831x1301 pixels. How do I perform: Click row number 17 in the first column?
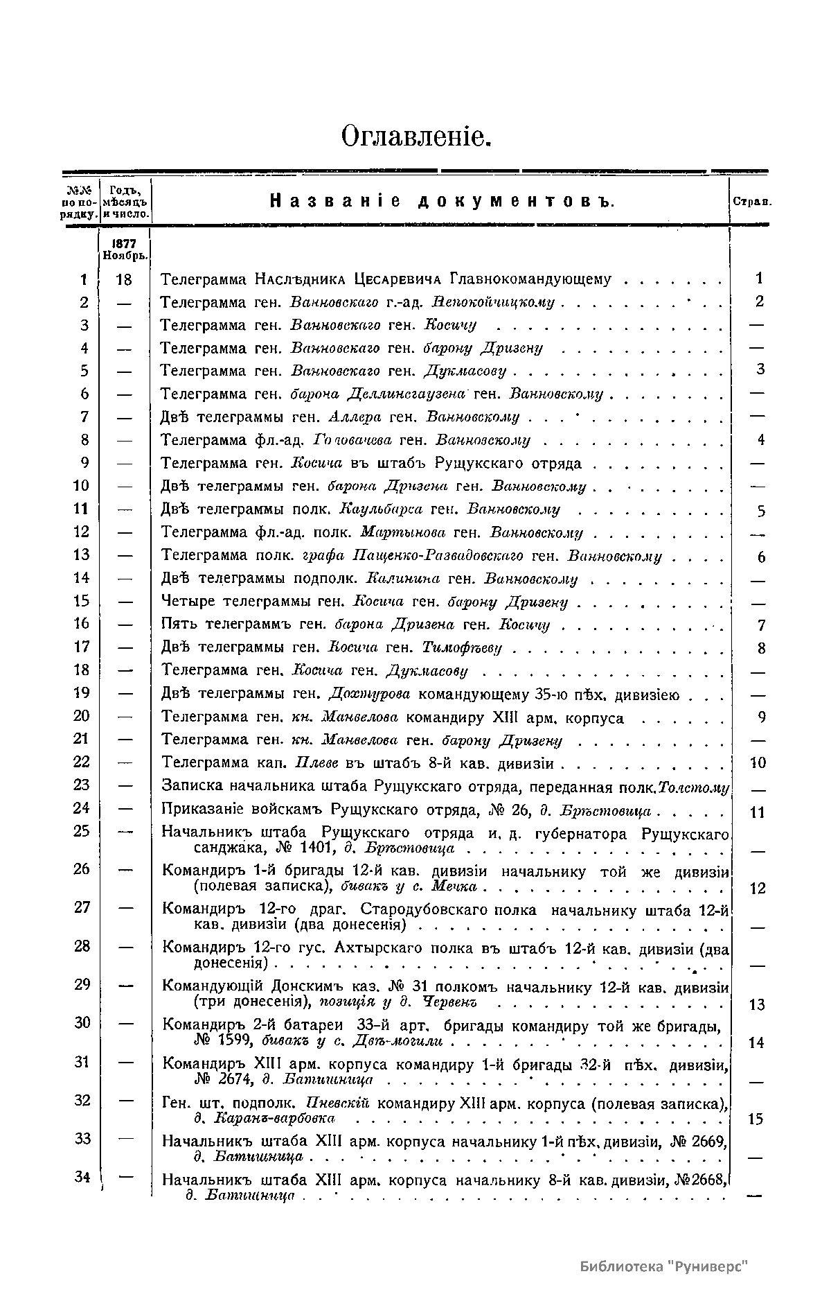click(x=82, y=647)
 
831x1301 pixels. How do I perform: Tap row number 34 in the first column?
click(x=82, y=1176)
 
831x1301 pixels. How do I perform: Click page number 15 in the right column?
click(x=756, y=1119)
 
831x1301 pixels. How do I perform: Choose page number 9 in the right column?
click(x=761, y=718)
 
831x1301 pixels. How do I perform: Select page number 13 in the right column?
click(x=757, y=1004)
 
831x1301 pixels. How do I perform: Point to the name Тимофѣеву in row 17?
click(x=462, y=648)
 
